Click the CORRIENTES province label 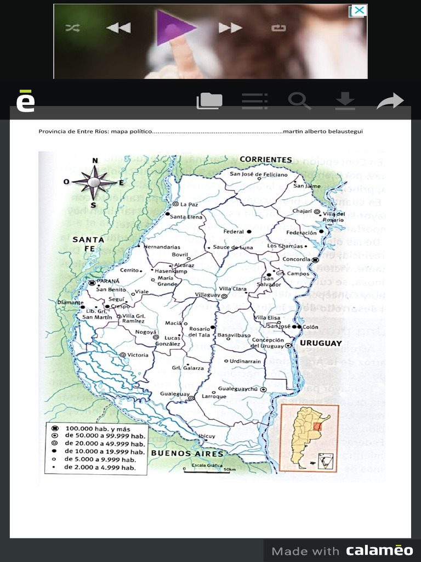266,160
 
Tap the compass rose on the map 94,182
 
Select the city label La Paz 189,204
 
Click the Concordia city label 296,259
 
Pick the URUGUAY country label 321,343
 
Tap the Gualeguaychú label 237,389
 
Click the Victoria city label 138,355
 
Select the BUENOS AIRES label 187,453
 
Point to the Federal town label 234,232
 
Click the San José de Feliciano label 258,175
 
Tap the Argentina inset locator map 309,437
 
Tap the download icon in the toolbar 345,101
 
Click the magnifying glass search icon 299,101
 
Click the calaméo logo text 379,550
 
